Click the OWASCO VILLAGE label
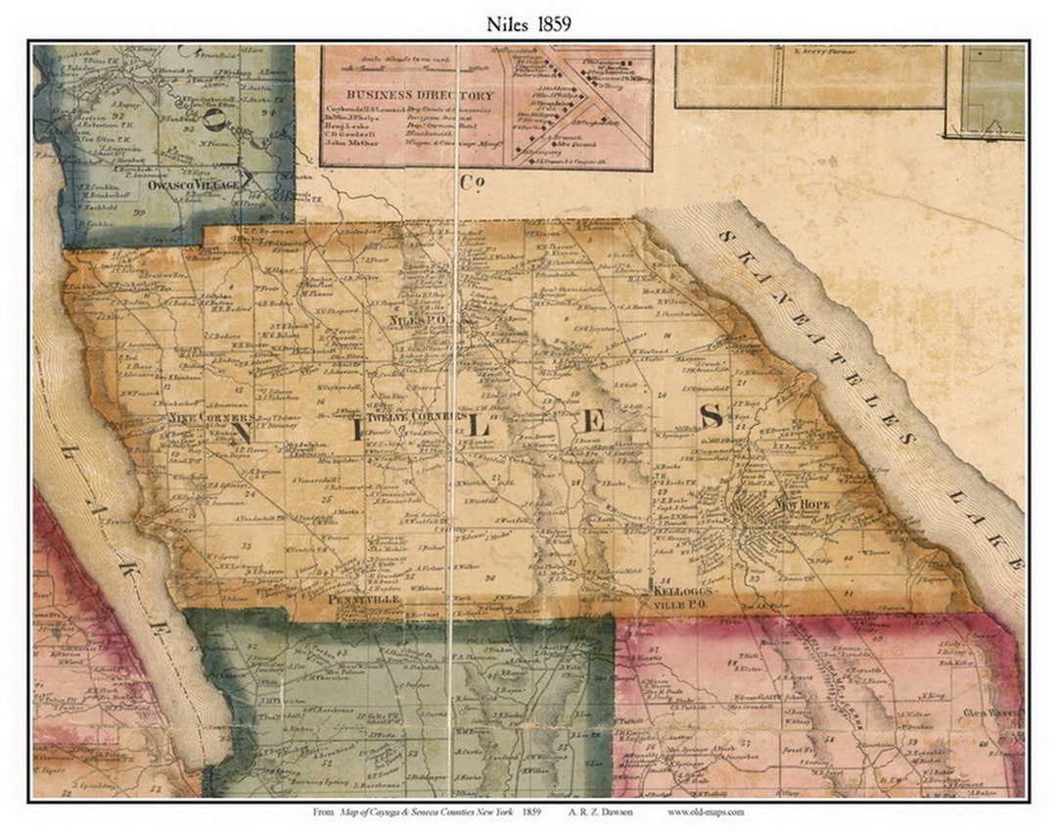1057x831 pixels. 192,184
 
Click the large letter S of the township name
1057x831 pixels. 711,417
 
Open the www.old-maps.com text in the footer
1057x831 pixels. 706,812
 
